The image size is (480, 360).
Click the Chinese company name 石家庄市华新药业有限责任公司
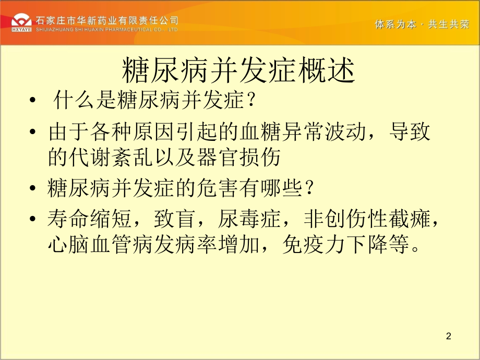click(x=107, y=20)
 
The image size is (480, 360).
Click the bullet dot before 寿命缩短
click(x=34, y=220)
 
